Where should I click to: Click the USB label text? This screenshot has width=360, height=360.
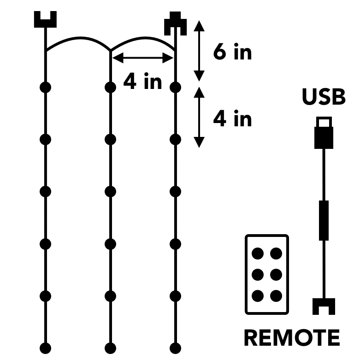[323, 98]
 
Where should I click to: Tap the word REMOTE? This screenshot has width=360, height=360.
[291, 338]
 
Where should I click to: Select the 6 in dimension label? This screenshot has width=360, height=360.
[232, 52]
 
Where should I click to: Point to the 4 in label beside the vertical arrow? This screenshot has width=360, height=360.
[232, 119]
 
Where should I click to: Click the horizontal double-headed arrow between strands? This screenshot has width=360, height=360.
[142, 58]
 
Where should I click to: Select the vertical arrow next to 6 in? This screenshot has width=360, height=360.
[199, 51]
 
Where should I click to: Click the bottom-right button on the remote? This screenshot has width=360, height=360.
[276, 295]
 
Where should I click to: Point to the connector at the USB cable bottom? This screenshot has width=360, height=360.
[324, 306]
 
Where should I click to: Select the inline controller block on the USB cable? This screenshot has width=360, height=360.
[324, 220]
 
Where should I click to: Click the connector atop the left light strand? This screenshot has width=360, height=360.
[45, 20]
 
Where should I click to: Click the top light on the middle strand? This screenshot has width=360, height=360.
[110, 87]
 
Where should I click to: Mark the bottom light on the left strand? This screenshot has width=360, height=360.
[45, 348]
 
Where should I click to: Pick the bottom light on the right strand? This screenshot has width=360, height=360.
[175, 348]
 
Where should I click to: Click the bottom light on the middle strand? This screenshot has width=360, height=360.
[110, 348]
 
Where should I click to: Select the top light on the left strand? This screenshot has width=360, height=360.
[45, 87]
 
